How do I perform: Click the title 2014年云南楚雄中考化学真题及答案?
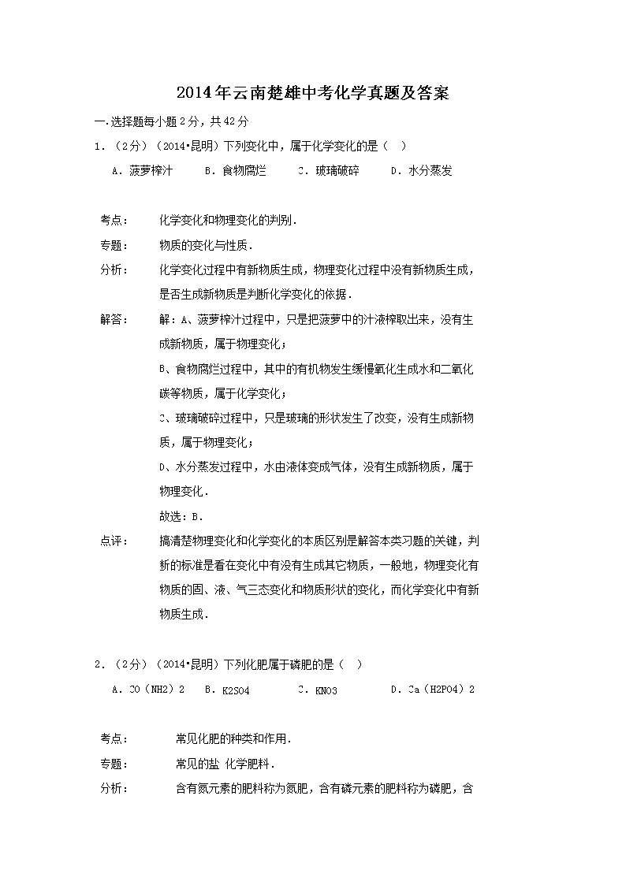(x=312, y=94)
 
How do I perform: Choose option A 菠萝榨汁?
(x=143, y=170)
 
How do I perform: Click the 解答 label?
(x=114, y=319)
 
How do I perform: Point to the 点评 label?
(x=114, y=541)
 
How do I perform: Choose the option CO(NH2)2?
(x=148, y=690)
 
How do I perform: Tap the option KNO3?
(x=318, y=690)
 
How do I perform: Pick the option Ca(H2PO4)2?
(x=433, y=690)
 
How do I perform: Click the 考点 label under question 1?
(x=114, y=220)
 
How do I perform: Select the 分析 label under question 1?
(x=114, y=270)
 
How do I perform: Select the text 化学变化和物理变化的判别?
(x=228, y=220)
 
